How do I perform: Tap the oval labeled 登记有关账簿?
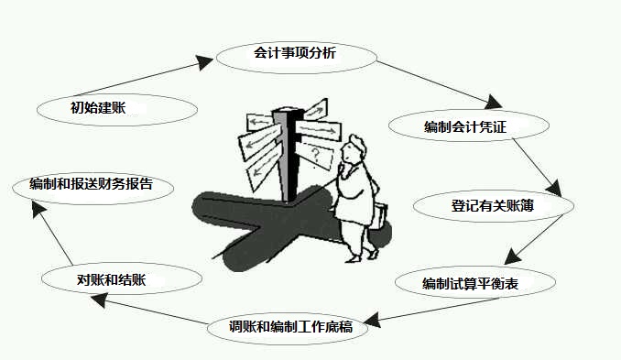[x=493, y=207]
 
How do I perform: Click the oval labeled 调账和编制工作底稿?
[x=292, y=326]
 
